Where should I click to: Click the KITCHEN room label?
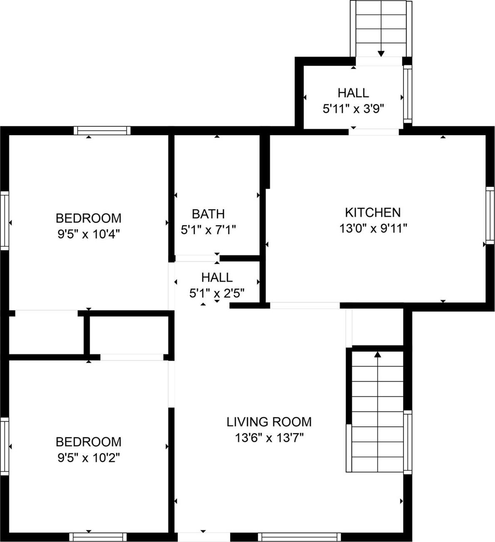(x=373, y=212)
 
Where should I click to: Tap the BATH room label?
(x=208, y=214)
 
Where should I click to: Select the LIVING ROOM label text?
(x=269, y=422)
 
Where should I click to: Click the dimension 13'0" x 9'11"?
(x=373, y=228)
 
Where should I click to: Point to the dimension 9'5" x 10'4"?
(x=89, y=234)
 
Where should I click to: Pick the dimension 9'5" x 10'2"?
(x=89, y=458)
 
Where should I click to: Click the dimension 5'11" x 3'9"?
(x=353, y=109)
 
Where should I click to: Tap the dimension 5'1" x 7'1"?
(x=208, y=229)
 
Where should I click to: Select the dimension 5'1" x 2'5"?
(x=216, y=293)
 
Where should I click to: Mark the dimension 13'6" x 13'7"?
(x=269, y=438)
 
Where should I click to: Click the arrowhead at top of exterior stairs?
(x=381, y=53)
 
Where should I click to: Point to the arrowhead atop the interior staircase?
(x=377, y=355)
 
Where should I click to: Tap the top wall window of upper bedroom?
(x=102, y=131)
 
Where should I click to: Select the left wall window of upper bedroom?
(x=4, y=220)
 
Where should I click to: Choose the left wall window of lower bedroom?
(x=4, y=446)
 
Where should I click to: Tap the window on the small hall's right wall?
(x=408, y=94)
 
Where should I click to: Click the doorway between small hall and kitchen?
(x=374, y=132)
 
